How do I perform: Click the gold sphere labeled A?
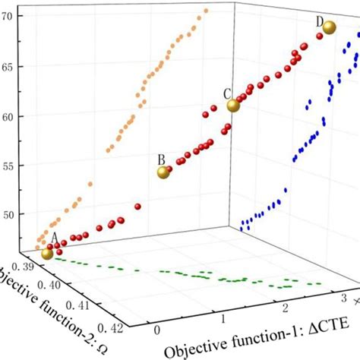pos(48,254)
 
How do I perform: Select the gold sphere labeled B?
pos(163,172)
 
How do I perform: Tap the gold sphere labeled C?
pos(233,106)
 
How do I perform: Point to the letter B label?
pos(160,159)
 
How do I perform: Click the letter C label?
pos(226,93)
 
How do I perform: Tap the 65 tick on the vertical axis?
pos(11,67)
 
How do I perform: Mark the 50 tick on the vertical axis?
pos(11,214)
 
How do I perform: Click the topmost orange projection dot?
pos(206,11)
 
